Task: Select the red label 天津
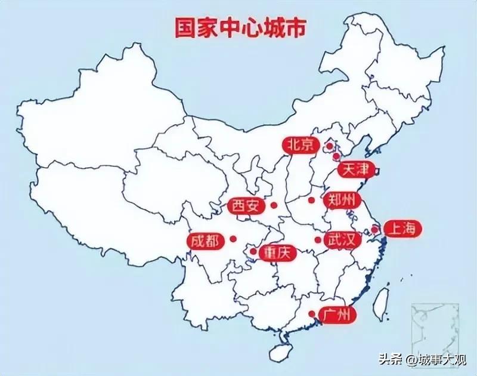click(355, 170)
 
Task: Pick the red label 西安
click(246, 207)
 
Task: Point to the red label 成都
click(205, 241)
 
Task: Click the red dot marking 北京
click(329, 145)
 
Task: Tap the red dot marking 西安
click(274, 205)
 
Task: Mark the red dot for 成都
click(233, 239)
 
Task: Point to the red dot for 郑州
click(311, 200)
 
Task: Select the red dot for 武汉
click(318, 240)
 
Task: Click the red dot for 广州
click(312, 313)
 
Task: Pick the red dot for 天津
click(336, 156)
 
